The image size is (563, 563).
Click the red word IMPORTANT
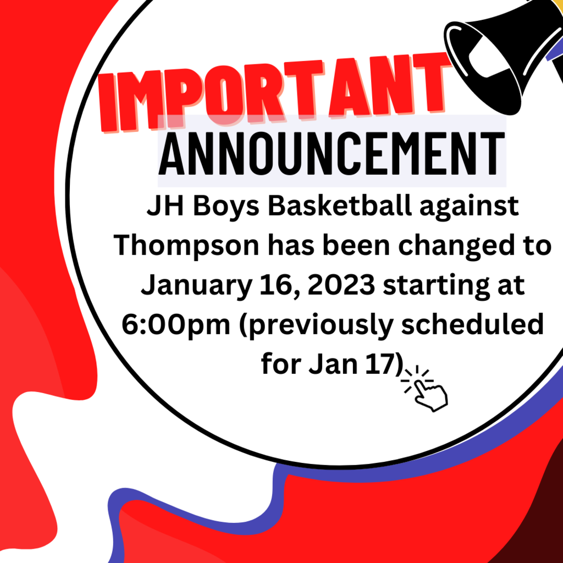[x=275, y=92]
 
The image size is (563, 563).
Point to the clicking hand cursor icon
[x=424, y=388]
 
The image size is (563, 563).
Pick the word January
[x=196, y=286]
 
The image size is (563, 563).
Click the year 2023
[x=341, y=285]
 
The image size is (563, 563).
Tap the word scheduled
[x=472, y=324]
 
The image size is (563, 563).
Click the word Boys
[x=226, y=207]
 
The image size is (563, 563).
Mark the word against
[x=469, y=207]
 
